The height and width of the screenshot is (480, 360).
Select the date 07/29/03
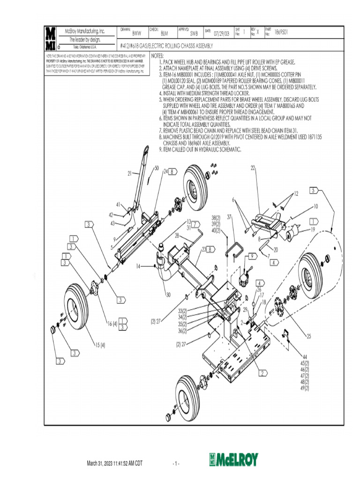click(222, 34)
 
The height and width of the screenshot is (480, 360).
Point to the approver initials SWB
click(194, 34)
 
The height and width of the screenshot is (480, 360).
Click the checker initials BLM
click(164, 34)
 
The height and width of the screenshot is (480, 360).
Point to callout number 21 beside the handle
click(130, 174)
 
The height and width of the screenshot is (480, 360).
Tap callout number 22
click(253, 167)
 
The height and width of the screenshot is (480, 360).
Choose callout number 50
click(157, 168)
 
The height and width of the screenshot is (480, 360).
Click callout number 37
click(230, 217)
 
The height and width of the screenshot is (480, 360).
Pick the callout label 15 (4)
click(100, 345)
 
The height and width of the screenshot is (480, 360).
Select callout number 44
click(305, 357)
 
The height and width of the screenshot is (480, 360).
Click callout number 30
click(168, 295)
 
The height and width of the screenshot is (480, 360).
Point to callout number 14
click(138, 266)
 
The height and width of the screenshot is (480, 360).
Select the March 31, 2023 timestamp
click(114, 464)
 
